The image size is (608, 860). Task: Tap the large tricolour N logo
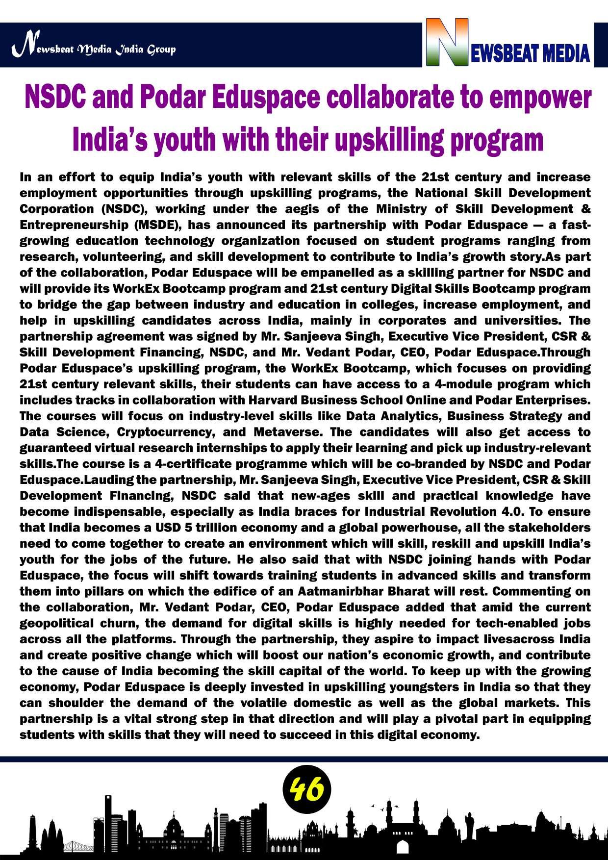point(446,43)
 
